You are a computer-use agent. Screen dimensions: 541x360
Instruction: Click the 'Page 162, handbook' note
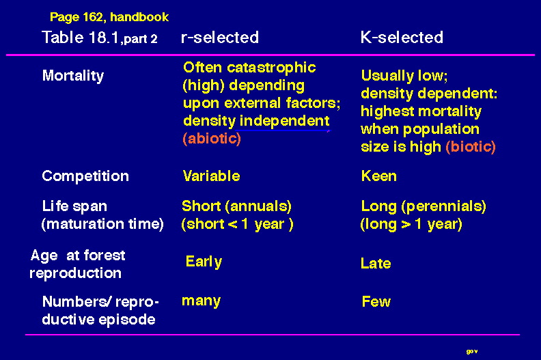pos(109,17)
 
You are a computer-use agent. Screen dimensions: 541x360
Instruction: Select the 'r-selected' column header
pos(220,38)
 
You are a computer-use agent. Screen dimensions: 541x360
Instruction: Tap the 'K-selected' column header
pos(402,38)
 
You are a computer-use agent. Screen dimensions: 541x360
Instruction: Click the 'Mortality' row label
pos(73,76)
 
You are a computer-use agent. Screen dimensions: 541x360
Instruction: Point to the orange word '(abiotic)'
pos(212,139)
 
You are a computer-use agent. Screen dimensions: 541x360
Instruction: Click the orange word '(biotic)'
pos(471,147)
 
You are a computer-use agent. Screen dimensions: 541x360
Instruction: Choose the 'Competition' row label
pos(85,176)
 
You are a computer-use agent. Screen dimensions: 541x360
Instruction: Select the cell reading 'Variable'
pos(211,176)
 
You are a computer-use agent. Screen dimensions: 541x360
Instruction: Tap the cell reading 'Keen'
pos(379,176)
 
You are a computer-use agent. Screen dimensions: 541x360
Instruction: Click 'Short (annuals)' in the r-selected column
pos(236,206)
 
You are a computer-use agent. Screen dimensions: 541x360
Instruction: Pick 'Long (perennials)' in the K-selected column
pos(424,206)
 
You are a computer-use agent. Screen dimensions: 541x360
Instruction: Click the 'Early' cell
pos(204,262)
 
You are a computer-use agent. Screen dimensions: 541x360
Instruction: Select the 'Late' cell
pos(376,264)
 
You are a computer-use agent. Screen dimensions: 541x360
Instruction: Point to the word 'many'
pos(201,301)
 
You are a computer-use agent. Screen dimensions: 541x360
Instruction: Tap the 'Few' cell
pos(376,302)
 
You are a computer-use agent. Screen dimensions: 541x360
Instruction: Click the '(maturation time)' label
pos(102,224)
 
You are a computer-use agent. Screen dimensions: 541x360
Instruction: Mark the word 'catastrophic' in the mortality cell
pos(271,68)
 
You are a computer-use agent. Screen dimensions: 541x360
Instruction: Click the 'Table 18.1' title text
pos(81,38)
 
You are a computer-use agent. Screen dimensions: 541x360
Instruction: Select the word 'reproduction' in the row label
pos(76,273)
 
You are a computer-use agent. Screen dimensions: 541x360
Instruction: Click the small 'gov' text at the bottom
pos(472,351)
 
